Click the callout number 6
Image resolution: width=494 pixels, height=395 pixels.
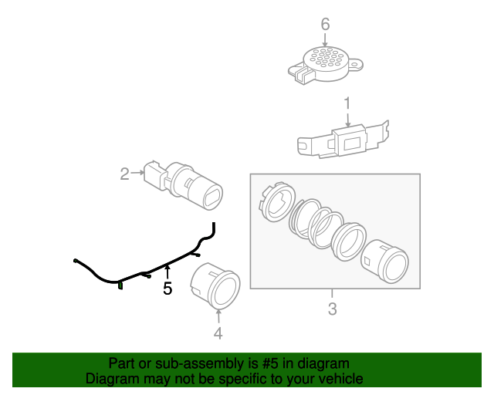(x=326, y=24)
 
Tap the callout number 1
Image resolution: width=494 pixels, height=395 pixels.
(x=347, y=103)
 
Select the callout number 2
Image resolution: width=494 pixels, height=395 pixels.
(x=125, y=174)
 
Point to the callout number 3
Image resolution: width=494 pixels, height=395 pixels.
(x=333, y=309)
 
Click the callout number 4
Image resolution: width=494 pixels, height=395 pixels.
(x=218, y=333)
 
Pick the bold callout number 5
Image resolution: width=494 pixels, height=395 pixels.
(x=167, y=289)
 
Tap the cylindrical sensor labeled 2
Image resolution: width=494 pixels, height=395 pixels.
(x=184, y=185)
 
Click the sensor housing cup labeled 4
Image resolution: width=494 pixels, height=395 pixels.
(x=216, y=285)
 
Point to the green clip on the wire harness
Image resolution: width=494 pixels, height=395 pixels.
(x=120, y=285)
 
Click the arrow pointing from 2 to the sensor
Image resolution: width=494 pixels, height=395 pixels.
(x=137, y=173)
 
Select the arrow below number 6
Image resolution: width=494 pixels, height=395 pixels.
(x=325, y=40)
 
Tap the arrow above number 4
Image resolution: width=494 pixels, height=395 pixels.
(x=218, y=316)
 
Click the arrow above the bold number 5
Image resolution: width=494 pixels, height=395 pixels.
(x=167, y=272)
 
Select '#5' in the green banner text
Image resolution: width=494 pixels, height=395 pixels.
(x=270, y=363)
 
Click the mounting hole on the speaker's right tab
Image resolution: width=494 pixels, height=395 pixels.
(x=356, y=66)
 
